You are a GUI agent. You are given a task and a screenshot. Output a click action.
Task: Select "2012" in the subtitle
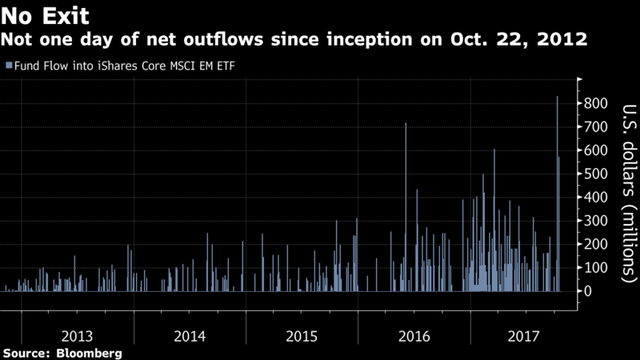(565, 39)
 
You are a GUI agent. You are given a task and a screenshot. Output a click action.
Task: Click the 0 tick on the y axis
(588, 291)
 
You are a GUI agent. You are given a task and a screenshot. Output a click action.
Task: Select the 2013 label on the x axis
(78, 334)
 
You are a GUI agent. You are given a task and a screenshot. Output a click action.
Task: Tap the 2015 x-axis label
(302, 334)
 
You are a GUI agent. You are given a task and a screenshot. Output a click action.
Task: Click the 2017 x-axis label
(526, 334)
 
